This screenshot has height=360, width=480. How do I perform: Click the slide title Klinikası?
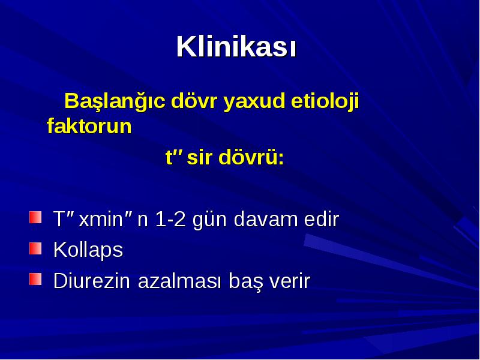(236, 47)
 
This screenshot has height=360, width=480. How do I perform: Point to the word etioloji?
(325, 101)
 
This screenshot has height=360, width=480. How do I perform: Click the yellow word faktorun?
(89, 125)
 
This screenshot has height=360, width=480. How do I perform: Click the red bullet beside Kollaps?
(35, 248)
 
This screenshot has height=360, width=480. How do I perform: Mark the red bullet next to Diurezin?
(35, 279)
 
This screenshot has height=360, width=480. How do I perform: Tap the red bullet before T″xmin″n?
(35, 217)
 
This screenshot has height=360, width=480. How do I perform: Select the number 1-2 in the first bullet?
(170, 219)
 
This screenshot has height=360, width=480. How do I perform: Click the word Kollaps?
(88, 250)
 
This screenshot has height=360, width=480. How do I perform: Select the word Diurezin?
(92, 280)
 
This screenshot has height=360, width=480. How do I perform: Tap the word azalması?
(179, 280)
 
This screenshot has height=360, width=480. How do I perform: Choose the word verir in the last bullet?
(290, 280)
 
